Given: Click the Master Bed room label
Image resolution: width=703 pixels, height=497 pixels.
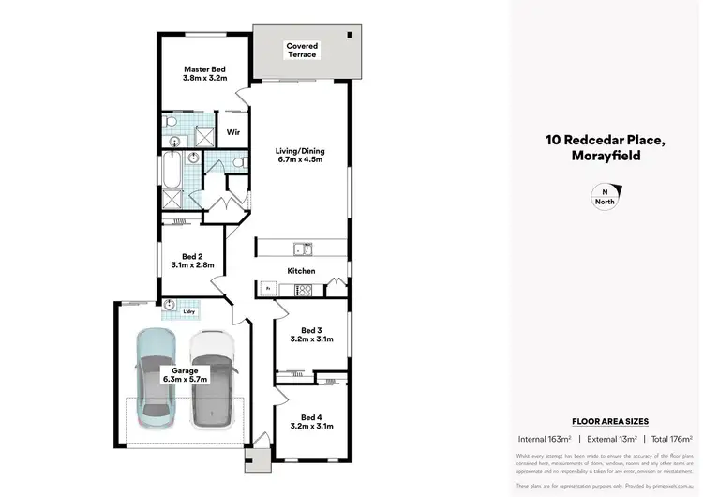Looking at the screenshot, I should [203, 74].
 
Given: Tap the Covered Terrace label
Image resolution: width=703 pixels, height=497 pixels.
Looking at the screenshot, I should [302, 51].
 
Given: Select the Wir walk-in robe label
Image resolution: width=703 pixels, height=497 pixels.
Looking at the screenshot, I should [233, 133].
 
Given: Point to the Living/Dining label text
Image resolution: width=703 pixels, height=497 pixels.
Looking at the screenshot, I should [300, 155].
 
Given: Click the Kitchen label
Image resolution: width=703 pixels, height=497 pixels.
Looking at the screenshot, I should [301, 271].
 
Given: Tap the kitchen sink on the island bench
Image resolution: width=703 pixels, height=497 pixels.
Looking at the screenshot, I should [303, 248].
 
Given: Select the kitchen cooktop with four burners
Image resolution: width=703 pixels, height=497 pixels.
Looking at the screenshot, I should [304, 291].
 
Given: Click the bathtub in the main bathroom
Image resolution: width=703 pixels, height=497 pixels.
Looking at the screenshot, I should [172, 171].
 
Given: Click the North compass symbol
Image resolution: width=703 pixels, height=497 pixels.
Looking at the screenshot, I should [604, 196].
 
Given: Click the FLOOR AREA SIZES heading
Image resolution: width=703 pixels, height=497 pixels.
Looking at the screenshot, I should [610, 422].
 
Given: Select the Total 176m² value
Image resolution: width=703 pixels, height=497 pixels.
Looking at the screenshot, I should [672, 439].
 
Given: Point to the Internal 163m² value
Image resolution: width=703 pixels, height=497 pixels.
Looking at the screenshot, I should [545, 439].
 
